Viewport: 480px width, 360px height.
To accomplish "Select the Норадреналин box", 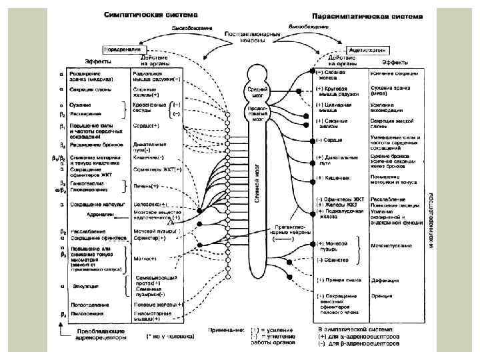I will [121, 49].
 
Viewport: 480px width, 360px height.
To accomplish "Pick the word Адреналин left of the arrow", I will [100, 215].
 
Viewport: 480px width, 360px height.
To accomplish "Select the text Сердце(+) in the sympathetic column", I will [147, 125].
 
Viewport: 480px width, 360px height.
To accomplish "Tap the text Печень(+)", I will [146, 186].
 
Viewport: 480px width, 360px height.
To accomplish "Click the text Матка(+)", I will [144, 258].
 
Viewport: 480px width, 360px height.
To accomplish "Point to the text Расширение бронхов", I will [89, 144].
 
